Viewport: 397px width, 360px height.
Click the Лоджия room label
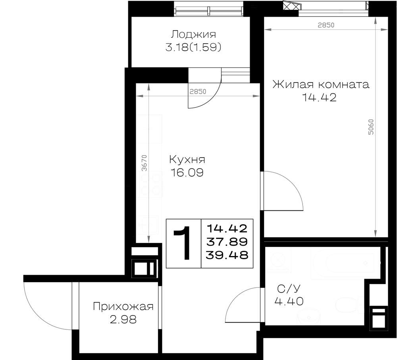[194, 35]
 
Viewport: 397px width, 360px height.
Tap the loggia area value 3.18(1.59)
[193, 47]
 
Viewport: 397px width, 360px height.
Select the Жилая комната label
[321, 84]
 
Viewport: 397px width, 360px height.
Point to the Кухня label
[187, 160]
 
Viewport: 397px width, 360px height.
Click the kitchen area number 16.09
[187, 173]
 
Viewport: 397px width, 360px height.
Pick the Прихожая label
[123, 306]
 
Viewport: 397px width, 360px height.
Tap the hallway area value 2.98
[123, 320]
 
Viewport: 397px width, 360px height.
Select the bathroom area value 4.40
[289, 301]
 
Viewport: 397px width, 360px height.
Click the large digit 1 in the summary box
[183, 243]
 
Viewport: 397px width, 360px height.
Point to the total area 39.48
[227, 255]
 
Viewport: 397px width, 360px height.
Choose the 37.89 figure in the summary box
[227, 242]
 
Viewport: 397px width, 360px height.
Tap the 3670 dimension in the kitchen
[145, 163]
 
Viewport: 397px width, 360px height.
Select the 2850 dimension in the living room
[326, 25]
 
